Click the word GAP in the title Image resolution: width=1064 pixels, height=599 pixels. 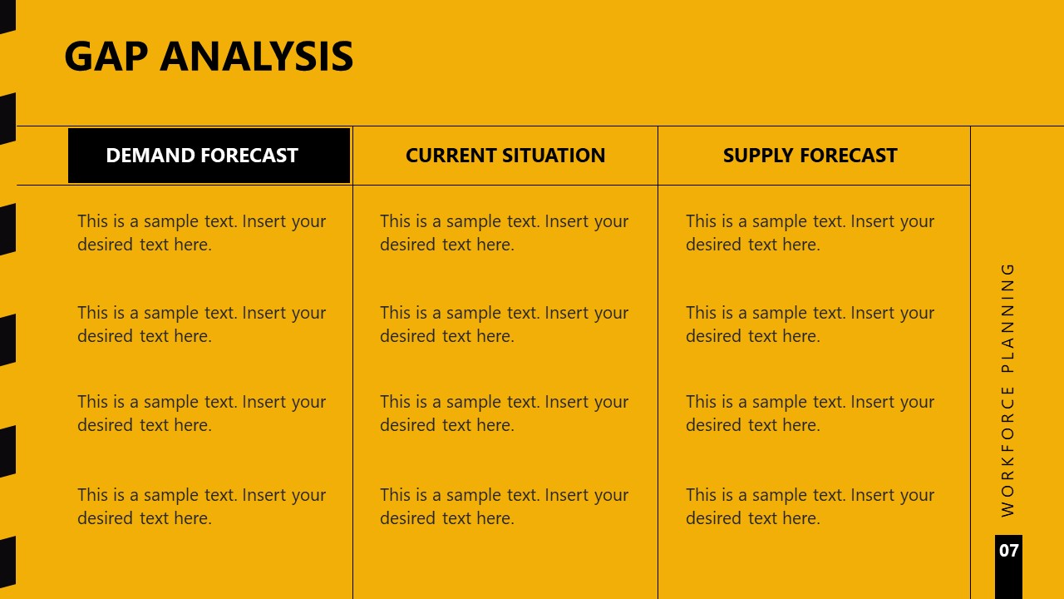(106, 57)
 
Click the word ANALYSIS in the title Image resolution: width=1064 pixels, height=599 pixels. (257, 57)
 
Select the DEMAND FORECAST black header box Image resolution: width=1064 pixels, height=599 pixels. (209, 156)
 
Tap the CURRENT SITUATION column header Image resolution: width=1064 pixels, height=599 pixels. (505, 156)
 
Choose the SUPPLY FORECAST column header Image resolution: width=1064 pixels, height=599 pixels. (810, 156)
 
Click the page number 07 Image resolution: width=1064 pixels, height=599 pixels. (1008, 551)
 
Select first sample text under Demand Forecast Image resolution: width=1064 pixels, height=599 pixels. (201, 233)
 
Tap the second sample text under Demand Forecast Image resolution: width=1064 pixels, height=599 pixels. (201, 324)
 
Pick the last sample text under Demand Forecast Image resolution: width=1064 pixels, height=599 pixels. (201, 506)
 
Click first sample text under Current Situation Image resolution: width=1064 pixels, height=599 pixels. (504, 233)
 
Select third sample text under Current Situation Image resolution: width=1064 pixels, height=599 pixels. (504, 413)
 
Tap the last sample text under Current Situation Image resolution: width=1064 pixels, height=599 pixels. (504, 506)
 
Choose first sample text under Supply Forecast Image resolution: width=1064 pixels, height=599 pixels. (810, 233)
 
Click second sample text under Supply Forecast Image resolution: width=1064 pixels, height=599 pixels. (810, 324)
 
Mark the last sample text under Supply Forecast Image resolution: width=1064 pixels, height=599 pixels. (810, 506)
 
